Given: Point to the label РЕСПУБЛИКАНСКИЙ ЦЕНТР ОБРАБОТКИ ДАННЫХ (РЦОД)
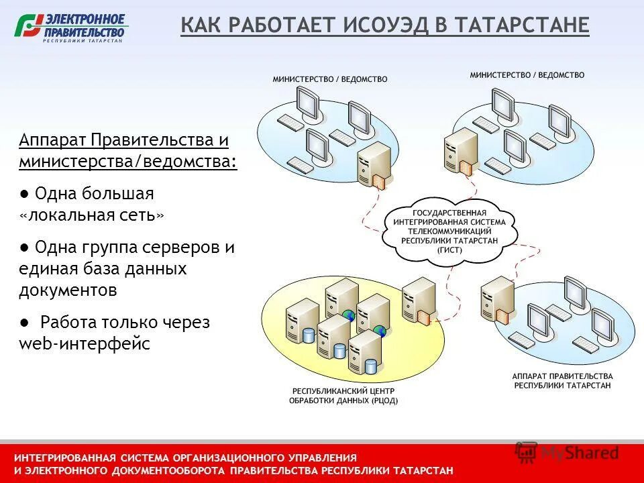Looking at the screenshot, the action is [x=343, y=396].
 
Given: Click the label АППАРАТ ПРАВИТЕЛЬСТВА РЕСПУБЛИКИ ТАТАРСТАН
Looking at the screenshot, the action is [x=562, y=380].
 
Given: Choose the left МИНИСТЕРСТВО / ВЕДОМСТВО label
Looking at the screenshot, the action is [x=330, y=79].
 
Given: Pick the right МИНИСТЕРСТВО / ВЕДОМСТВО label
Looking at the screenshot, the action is [x=527, y=75].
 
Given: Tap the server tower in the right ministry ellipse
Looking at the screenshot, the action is [x=460, y=151].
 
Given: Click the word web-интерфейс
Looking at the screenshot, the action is [x=85, y=344].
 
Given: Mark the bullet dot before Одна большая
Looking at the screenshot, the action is [x=23, y=194].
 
